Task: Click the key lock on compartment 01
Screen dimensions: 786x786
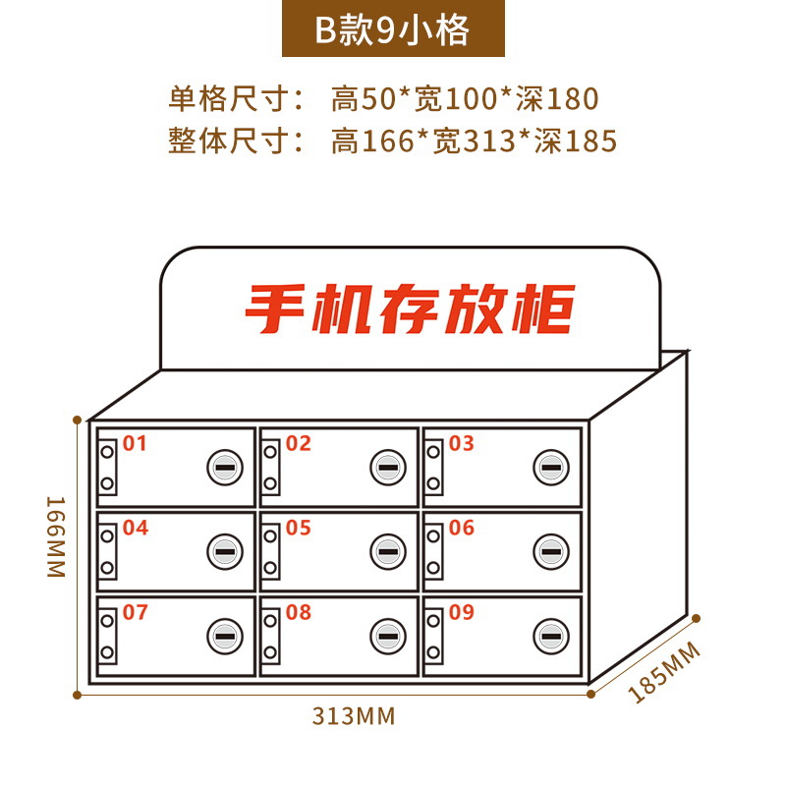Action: click(224, 469)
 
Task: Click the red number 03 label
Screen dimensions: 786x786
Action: click(461, 443)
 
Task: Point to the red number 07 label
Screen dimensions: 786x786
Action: click(135, 613)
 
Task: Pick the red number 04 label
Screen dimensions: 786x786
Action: click(135, 529)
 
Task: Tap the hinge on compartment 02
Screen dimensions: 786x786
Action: click(270, 467)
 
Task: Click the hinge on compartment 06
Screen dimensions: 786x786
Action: click(433, 552)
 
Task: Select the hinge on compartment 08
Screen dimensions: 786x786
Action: click(270, 637)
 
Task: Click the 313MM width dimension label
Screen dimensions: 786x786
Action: click(354, 716)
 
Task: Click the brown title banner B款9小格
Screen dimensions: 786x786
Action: click(392, 29)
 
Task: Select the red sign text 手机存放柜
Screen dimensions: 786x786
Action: click(408, 309)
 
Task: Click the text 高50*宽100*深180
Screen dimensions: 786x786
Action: click(464, 99)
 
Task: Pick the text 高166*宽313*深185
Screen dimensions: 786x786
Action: click(474, 141)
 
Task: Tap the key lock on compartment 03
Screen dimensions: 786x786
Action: click(550, 469)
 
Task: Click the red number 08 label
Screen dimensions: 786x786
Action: click(298, 613)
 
